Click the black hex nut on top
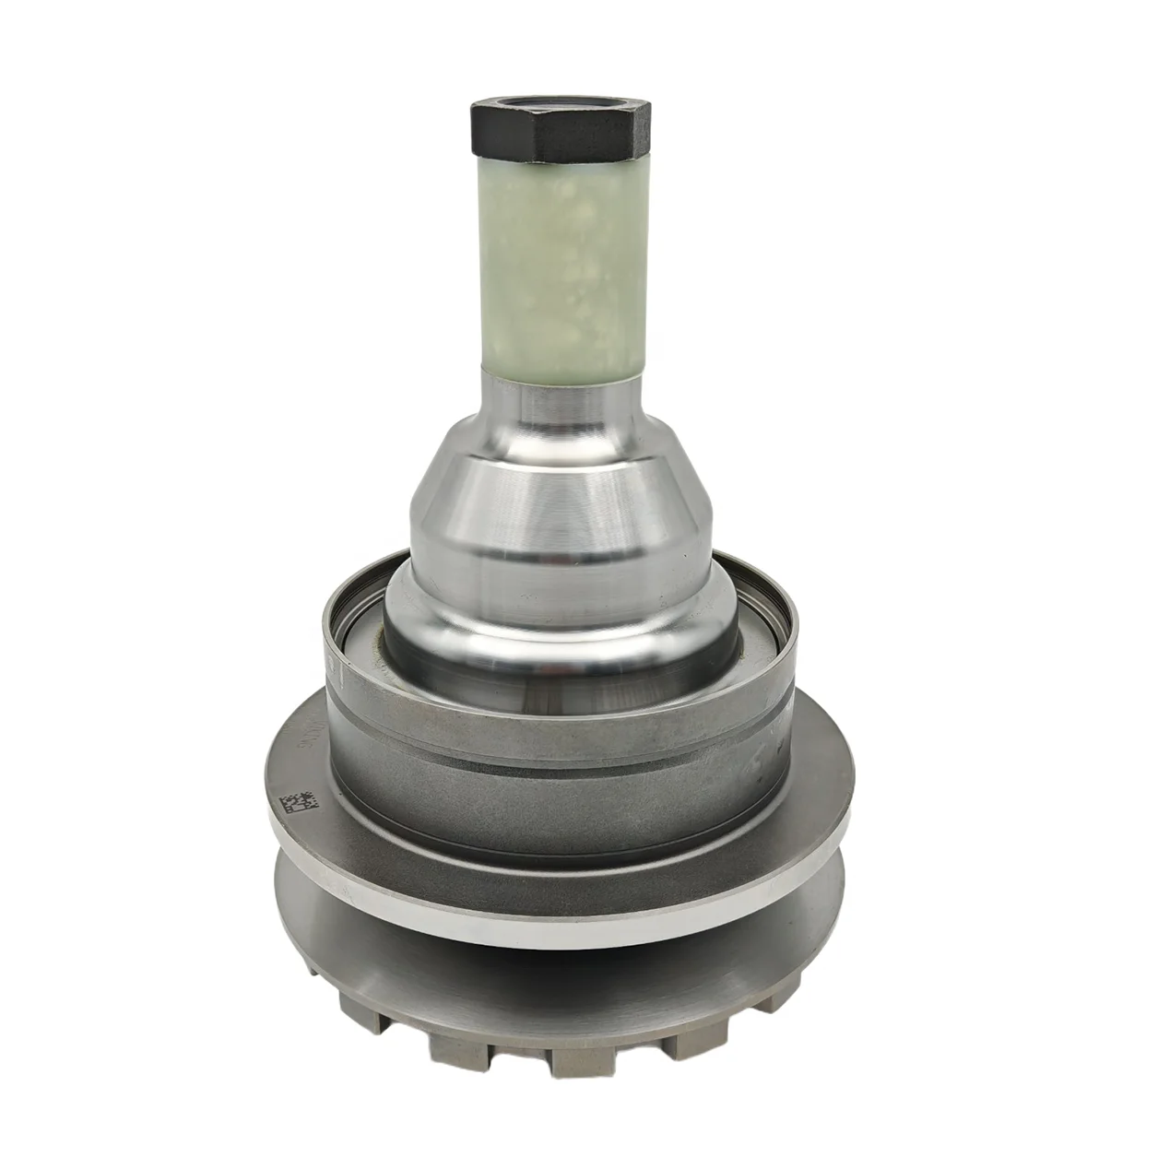[560, 129]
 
